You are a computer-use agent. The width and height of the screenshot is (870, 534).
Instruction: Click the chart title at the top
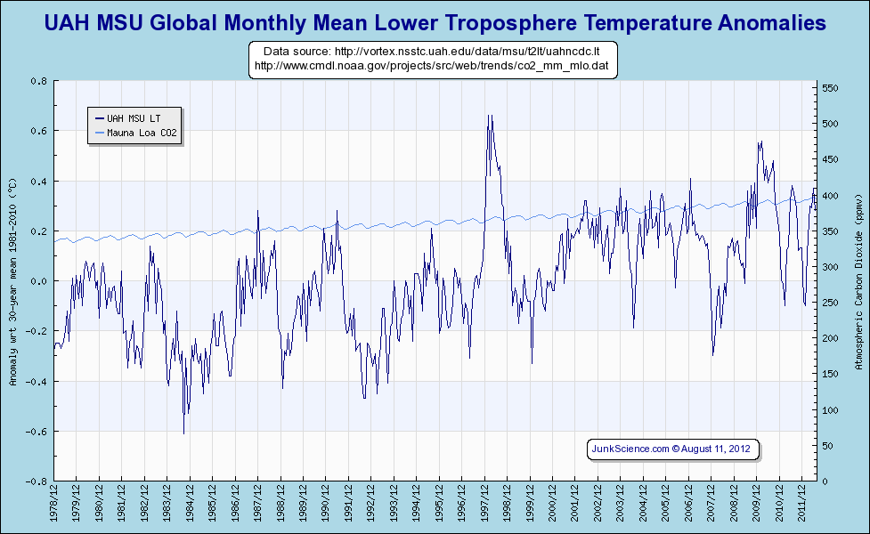pyautogui.click(x=435, y=22)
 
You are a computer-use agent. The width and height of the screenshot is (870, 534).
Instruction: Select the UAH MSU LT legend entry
pyautogui.click(x=134, y=117)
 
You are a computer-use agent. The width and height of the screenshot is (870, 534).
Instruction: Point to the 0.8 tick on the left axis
pyautogui.click(x=38, y=81)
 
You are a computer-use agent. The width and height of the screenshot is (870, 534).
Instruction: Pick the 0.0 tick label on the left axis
pyautogui.click(x=38, y=281)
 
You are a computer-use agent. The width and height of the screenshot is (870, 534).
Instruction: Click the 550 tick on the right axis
pyautogui.click(x=830, y=88)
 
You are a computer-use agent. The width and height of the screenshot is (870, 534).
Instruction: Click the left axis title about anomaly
pyautogui.click(x=12, y=281)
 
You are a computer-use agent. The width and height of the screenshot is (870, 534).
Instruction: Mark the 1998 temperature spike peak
pyautogui.click(x=489, y=116)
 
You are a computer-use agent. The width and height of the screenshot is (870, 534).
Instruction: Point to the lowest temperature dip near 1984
pyautogui.click(x=183, y=433)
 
